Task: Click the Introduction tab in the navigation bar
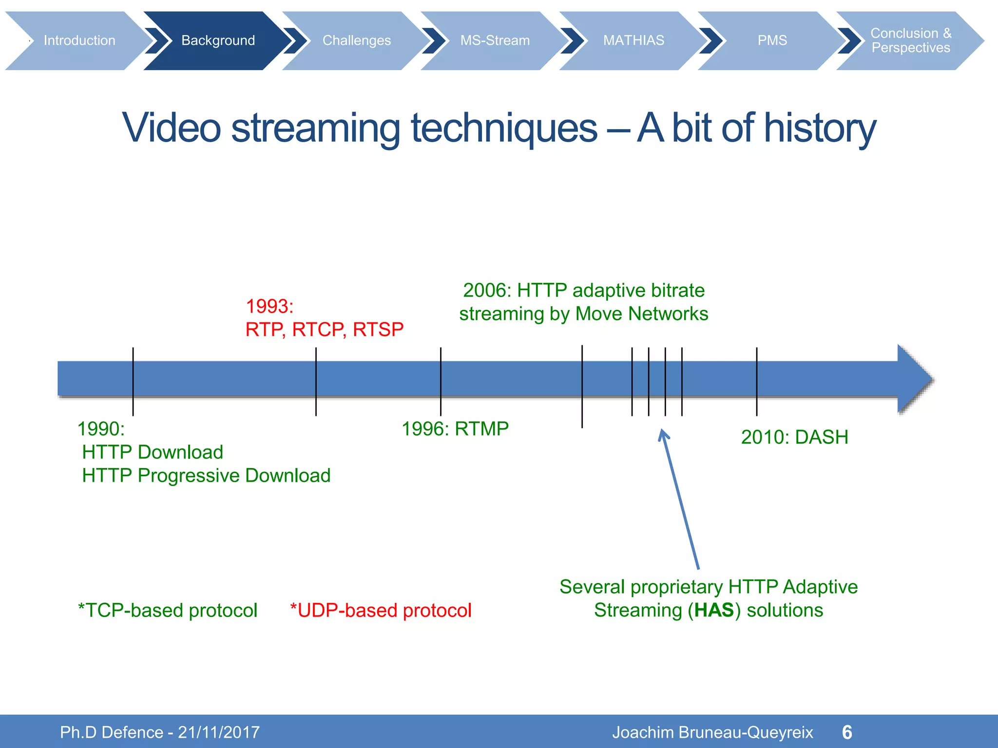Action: point(79,40)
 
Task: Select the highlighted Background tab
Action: point(218,40)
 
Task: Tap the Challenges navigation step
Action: point(356,40)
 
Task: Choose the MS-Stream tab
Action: point(495,40)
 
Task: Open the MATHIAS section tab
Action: point(633,40)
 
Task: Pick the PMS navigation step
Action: point(772,40)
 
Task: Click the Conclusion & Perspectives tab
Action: point(910,40)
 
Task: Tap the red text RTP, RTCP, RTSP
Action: point(325,330)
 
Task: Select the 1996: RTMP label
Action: point(455,429)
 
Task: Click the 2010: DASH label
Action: point(794,437)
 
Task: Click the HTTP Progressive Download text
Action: point(206,476)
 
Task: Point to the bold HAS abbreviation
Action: point(714,610)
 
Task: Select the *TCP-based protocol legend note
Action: point(168,611)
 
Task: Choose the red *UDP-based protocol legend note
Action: point(381,611)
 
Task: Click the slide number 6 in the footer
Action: point(847,732)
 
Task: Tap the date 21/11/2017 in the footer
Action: point(219,732)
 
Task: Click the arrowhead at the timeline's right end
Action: point(914,379)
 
